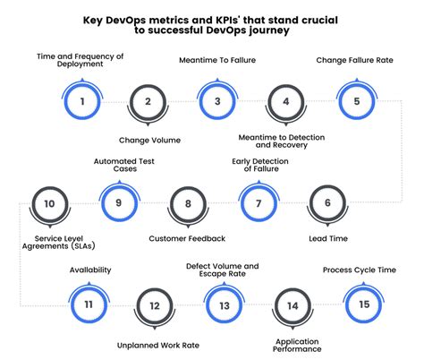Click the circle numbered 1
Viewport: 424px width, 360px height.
(x=82, y=101)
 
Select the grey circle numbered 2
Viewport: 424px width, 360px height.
(x=148, y=101)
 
